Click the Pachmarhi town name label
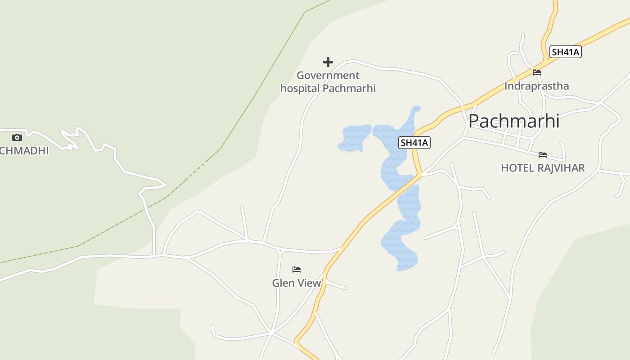click(514, 121)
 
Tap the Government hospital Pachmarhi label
click(328, 82)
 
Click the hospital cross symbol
click(328, 62)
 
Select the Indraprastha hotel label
click(536, 86)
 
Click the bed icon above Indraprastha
click(536, 72)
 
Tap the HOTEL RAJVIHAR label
click(543, 168)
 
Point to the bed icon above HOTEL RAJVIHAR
click(543, 155)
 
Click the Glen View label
click(297, 283)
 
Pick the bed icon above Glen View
click(297, 270)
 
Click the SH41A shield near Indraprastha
click(566, 52)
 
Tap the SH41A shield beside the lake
click(414, 143)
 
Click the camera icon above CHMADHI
click(17, 137)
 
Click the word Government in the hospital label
click(328, 75)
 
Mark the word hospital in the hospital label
click(300, 88)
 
